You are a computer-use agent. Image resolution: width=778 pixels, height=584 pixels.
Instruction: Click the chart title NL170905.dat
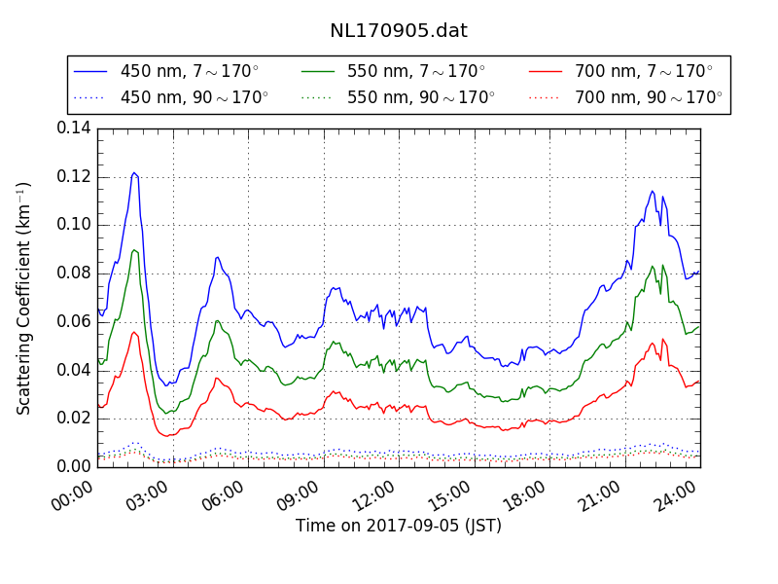399,30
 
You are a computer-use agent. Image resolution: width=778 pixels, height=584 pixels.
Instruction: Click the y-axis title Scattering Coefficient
24,298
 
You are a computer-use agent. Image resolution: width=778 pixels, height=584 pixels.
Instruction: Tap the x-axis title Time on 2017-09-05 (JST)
399,526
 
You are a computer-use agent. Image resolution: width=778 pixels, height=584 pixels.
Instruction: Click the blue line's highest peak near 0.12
134,172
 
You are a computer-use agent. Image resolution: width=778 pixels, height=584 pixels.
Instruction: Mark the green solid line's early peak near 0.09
134,249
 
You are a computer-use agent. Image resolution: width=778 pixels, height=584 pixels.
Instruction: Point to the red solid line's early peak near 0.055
134,332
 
